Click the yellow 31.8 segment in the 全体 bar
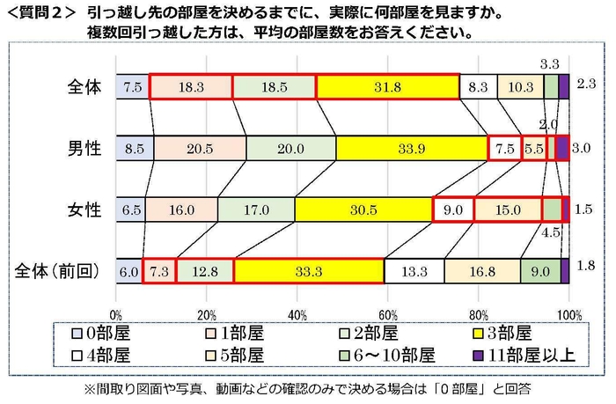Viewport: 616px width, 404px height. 387,87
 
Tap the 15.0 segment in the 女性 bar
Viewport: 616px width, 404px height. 508,210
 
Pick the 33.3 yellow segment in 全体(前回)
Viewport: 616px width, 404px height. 309,271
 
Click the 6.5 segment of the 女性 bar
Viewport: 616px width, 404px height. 130,210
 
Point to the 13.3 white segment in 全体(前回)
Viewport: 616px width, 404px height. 414,271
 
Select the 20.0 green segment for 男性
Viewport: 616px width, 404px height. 290,149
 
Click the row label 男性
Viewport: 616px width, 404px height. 85,149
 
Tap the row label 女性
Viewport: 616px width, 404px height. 85,210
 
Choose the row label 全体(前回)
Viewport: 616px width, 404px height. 59,271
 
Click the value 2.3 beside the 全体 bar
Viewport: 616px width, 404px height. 589,85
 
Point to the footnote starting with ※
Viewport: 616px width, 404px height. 309,387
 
